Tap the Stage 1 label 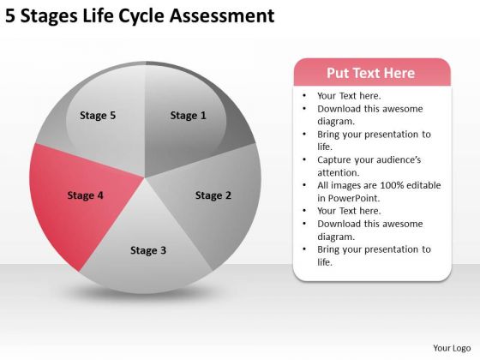coord(189,116)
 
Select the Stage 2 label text coord(213,195)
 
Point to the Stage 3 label coord(148,250)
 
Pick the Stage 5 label coord(98,116)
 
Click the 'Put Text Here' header coord(370,73)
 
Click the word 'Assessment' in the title coord(222,16)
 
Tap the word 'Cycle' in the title coord(141,17)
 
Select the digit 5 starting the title coord(10,16)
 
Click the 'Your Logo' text coord(452,348)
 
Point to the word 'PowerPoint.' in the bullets coord(353,198)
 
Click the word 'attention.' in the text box coord(339,173)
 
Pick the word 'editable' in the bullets coord(423,185)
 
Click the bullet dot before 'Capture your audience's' coord(304,159)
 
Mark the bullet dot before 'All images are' coord(304,185)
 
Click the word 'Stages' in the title coord(49,17)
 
